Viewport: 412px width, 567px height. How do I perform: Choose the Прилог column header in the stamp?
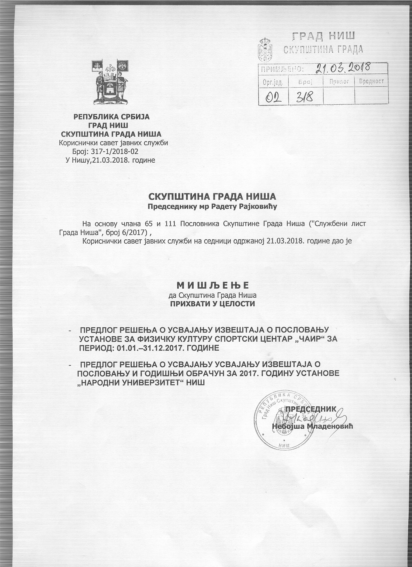[x=339, y=81]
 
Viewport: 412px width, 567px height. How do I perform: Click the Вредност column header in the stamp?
[x=371, y=81]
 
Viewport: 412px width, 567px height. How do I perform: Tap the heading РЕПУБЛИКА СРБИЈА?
[x=111, y=117]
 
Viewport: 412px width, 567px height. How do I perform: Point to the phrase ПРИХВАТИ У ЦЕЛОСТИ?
[x=213, y=304]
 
